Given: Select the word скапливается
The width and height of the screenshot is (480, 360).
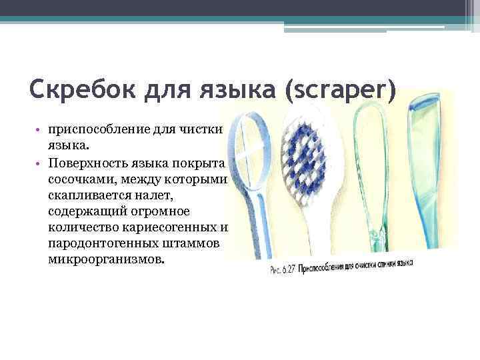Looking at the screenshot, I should pos(87,196).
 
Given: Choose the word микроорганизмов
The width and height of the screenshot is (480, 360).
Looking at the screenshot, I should pos(104,258).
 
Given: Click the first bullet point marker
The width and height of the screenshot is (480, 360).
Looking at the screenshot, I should pos(39,129).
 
